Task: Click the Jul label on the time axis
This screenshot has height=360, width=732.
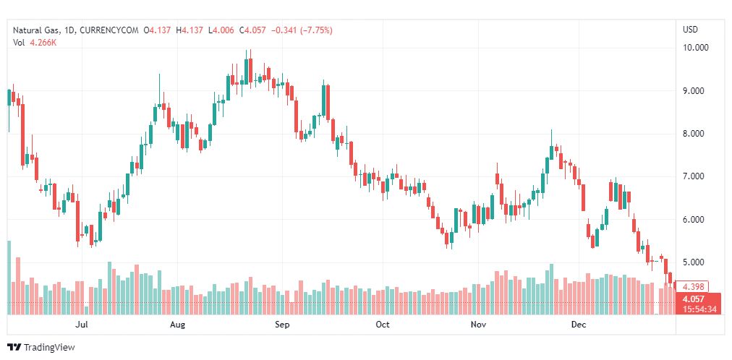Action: click(x=82, y=325)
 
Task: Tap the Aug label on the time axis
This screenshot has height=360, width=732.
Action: click(x=178, y=325)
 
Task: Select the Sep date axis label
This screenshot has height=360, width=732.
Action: click(x=282, y=325)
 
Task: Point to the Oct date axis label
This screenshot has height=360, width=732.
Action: click(x=383, y=325)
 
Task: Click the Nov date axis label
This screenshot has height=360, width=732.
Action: click(x=478, y=325)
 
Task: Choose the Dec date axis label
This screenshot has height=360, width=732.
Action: click(x=578, y=325)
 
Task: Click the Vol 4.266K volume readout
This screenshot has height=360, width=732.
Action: click(x=35, y=43)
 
